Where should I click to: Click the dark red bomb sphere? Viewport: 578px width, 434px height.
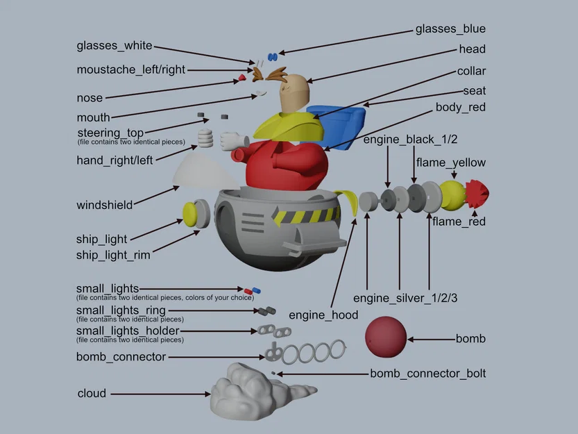386,337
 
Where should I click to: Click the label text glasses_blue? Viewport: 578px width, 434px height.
450,28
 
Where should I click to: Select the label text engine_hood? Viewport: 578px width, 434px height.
323,315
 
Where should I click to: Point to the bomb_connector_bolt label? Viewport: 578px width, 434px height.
427,374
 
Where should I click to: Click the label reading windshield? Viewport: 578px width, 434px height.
104,205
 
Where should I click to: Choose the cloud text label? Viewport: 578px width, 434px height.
92,393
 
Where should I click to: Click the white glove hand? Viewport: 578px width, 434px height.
230,141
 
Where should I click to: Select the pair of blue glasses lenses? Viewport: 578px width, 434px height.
273,56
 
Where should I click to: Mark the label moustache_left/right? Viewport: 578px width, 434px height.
130,69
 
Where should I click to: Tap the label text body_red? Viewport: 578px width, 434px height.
460,107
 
